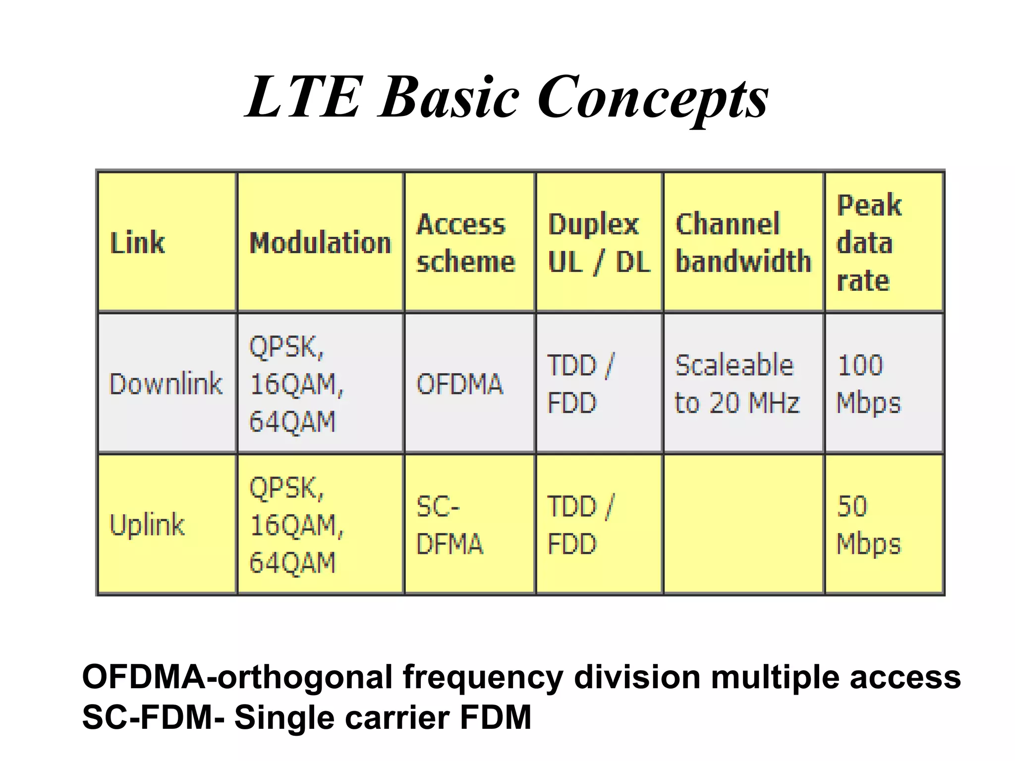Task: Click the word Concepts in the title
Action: click(x=653, y=97)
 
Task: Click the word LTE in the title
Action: click(x=303, y=97)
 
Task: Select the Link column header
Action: click(x=137, y=243)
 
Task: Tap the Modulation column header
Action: click(x=320, y=243)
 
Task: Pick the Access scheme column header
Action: click(x=465, y=243)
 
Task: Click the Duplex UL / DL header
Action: click(x=599, y=243)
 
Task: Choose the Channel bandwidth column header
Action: click(x=743, y=243)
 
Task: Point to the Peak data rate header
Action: click(x=868, y=243)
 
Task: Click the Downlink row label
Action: click(x=166, y=384)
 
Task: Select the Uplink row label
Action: click(x=147, y=525)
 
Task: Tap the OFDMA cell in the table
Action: click(x=459, y=384)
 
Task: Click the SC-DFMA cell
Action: click(x=450, y=525)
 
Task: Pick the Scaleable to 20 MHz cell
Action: click(x=737, y=384)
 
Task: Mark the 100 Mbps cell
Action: click(x=868, y=384)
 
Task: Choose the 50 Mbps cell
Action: click(x=868, y=525)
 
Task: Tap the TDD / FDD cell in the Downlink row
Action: click(x=580, y=384)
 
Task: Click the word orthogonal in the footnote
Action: click(x=305, y=677)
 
